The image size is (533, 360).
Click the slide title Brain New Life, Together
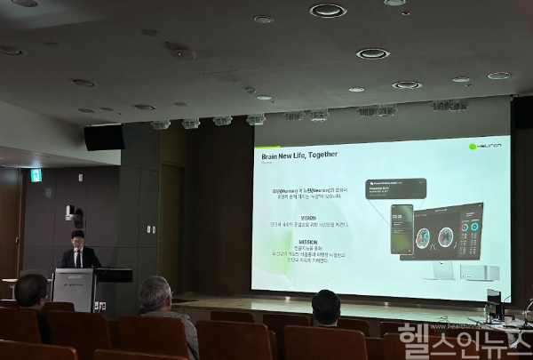click(x=298, y=154)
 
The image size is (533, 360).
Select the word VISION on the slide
click(x=307, y=217)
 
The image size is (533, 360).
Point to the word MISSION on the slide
click(x=307, y=241)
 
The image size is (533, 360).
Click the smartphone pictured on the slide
click(x=402, y=229)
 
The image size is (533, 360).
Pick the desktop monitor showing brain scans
click(x=448, y=233)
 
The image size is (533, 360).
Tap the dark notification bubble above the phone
click(x=395, y=188)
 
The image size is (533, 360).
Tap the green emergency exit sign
click(x=36, y=175)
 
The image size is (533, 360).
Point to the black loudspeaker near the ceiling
click(x=103, y=138)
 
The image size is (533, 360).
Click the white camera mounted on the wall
click(x=72, y=214)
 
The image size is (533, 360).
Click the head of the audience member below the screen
click(x=326, y=307)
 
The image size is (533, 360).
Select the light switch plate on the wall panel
click(x=49, y=192)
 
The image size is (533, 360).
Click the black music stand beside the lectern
click(x=114, y=276)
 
